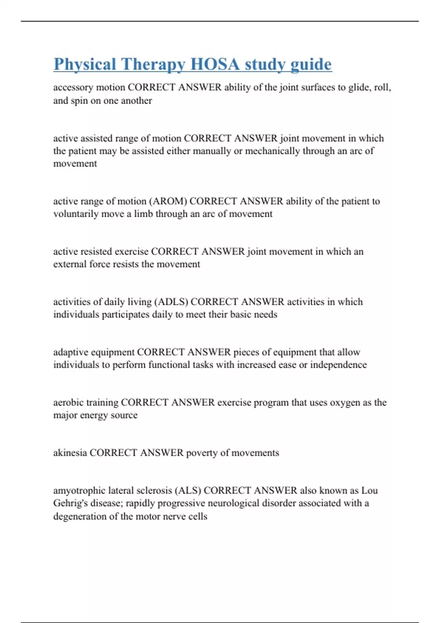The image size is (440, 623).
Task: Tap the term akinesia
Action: click(70, 453)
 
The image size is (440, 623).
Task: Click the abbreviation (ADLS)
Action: click(171, 302)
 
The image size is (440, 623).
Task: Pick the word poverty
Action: click(202, 453)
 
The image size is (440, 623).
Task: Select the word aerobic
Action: click(68, 402)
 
